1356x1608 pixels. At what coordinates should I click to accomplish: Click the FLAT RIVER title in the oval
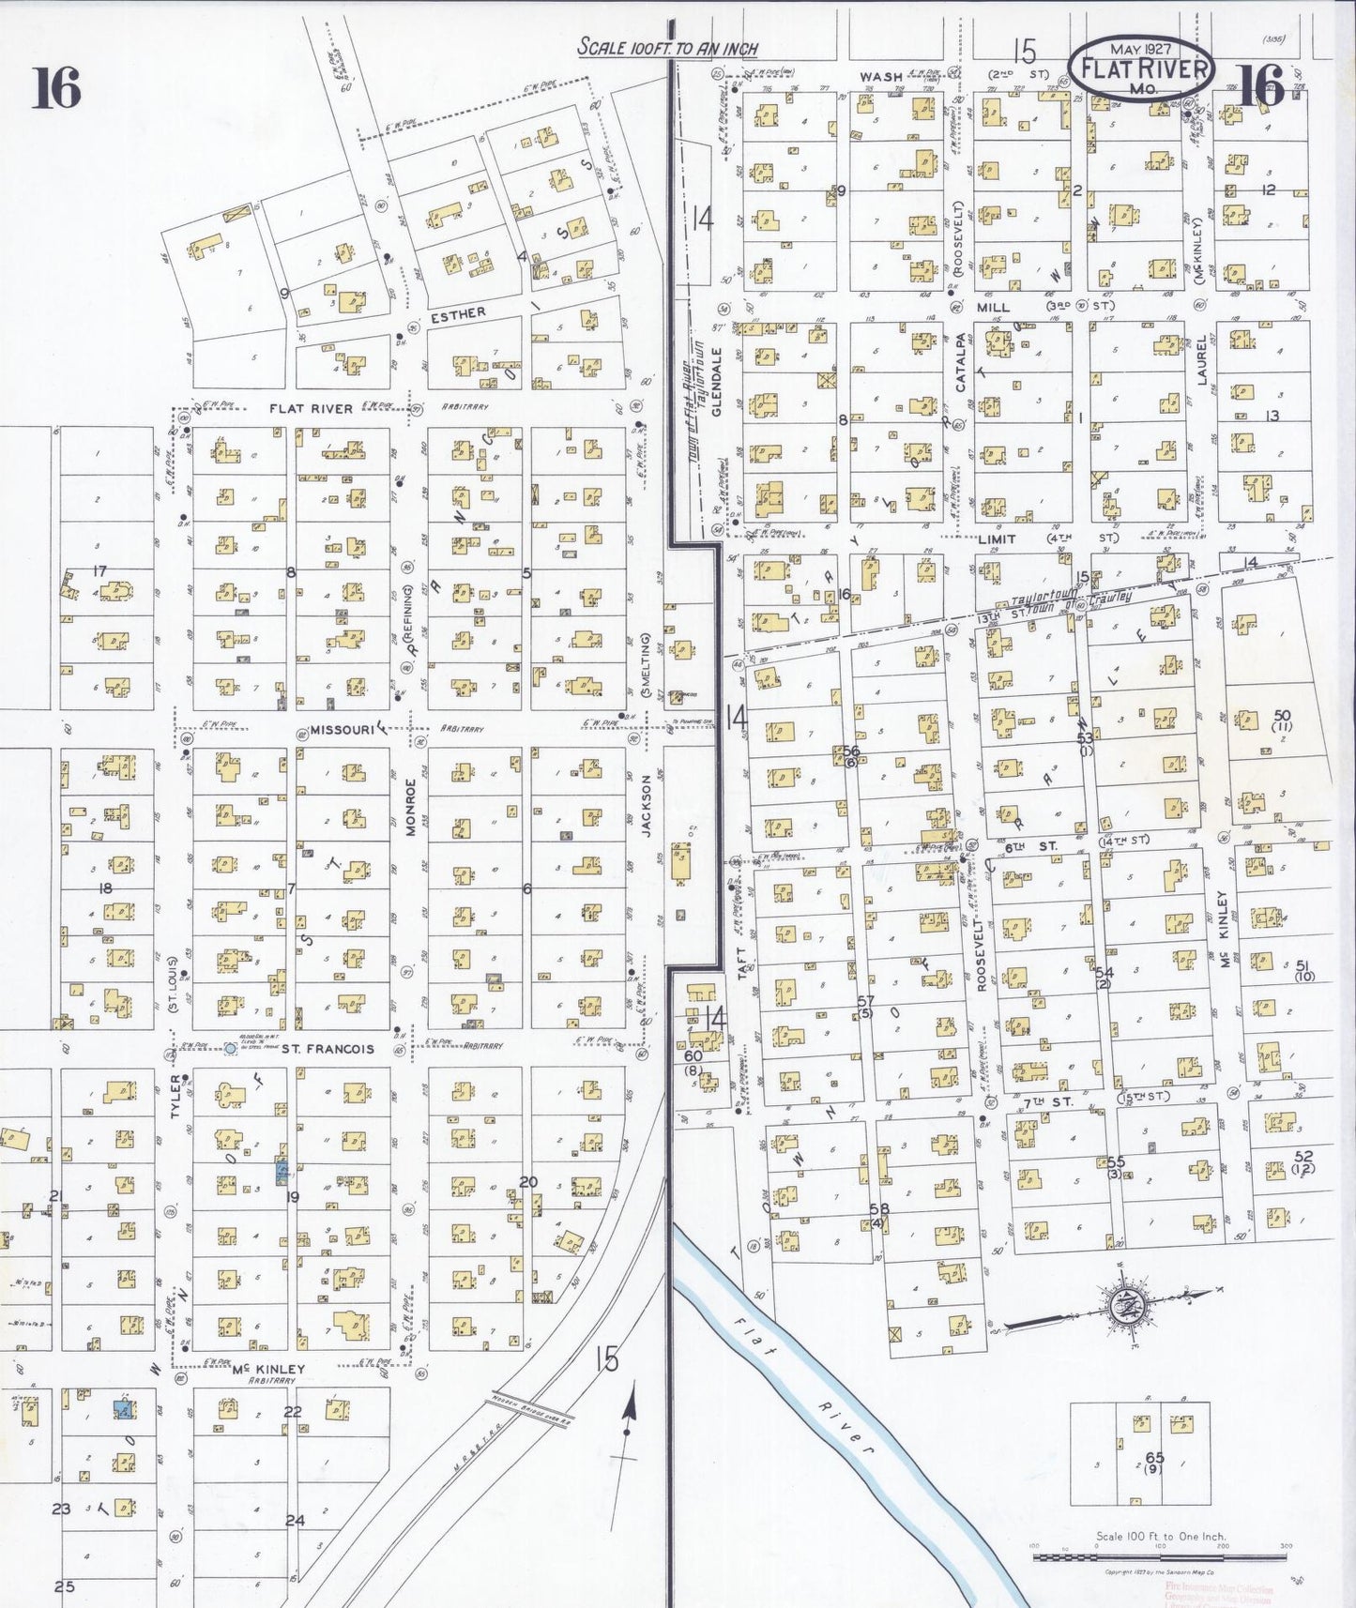[1140, 68]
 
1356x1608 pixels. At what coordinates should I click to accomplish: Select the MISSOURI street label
[343, 730]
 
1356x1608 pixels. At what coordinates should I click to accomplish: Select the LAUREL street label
[1202, 360]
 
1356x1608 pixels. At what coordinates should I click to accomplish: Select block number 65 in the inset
[1154, 1458]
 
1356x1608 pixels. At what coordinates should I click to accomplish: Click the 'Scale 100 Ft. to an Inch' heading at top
[667, 47]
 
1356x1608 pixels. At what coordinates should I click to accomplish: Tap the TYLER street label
[175, 1096]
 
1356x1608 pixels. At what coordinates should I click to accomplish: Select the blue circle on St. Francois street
[230, 1048]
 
